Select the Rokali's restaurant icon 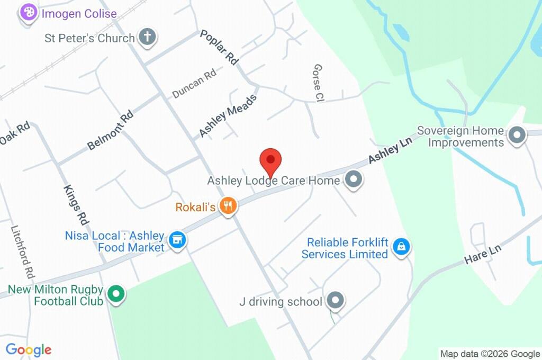tap(228, 206)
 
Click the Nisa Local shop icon tap(177, 241)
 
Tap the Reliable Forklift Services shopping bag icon tap(402, 247)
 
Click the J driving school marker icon tap(335, 301)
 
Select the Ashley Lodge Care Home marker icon tap(353, 181)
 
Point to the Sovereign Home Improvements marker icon tap(516, 136)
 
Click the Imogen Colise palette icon tap(28, 13)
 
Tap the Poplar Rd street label tap(219, 47)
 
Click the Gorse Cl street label tap(318, 83)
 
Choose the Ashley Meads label tap(228, 115)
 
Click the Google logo tap(29, 350)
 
